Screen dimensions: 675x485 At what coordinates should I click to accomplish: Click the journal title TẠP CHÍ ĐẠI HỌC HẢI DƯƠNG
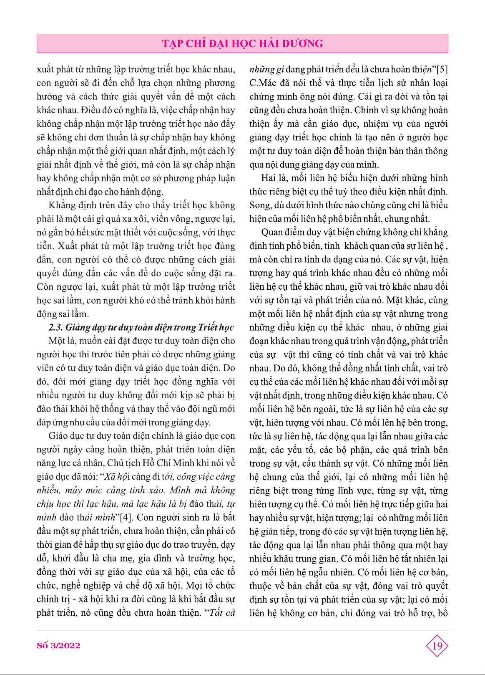point(242,43)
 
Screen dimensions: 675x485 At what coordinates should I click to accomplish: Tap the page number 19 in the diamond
point(437,646)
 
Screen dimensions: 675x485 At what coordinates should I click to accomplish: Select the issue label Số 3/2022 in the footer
point(58,645)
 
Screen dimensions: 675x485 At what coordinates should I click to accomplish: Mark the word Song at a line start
point(259,205)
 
